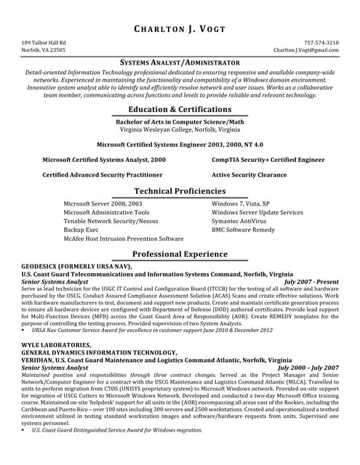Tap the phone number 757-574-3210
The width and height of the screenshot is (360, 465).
coord(321,43)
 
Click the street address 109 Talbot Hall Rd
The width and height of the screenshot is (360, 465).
coord(44,43)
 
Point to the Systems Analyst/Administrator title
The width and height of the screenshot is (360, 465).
coord(180,63)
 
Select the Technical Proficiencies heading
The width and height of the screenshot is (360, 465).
coord(180,190)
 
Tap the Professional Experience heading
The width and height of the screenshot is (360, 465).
coord(180,254)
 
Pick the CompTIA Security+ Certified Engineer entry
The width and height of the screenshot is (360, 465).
coord(268,158)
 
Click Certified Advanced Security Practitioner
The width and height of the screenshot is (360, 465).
coord(102,175)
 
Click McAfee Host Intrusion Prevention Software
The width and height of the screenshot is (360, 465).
coord(124,238)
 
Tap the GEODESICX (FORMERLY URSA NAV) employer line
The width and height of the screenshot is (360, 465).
coord(77,267)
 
